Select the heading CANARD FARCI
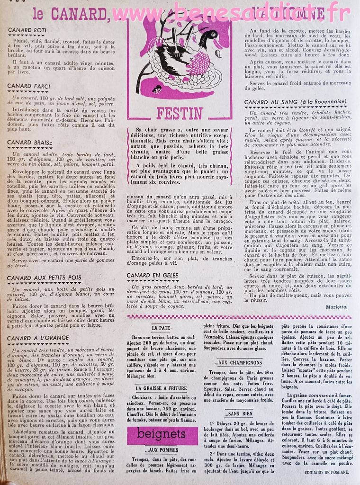click(x=29, y=86)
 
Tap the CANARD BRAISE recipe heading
click(x=30, y=142)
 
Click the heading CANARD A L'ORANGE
click(x=38, y=338)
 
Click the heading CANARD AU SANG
click(x=295, y=102)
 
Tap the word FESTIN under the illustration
click(x=179, y=113)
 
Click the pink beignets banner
click(x=162, y=434)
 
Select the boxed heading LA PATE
click(x=161, y=327)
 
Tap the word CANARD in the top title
click(x=81, y=14)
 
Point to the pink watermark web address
click(x=232, y=12)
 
